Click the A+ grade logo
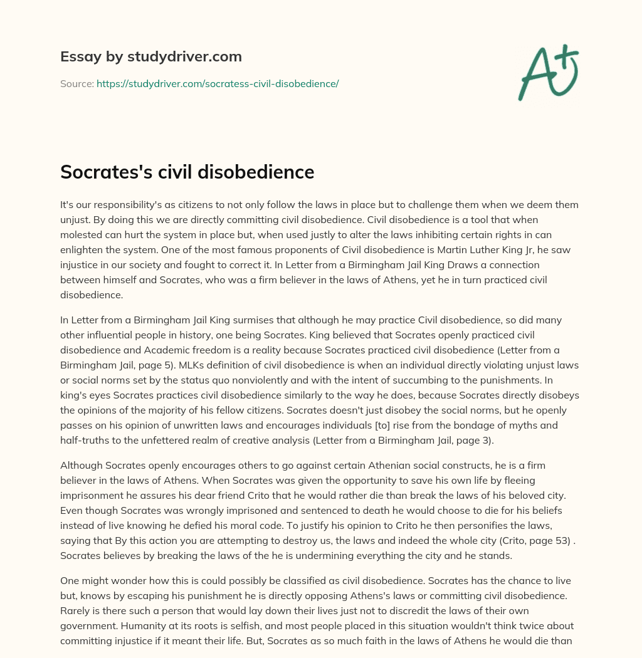coord(549,72)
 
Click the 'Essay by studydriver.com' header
coord(150,56)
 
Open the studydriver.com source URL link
coord(218,83)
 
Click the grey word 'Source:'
coord(77,83)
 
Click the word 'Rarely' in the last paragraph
coord(75,610)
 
